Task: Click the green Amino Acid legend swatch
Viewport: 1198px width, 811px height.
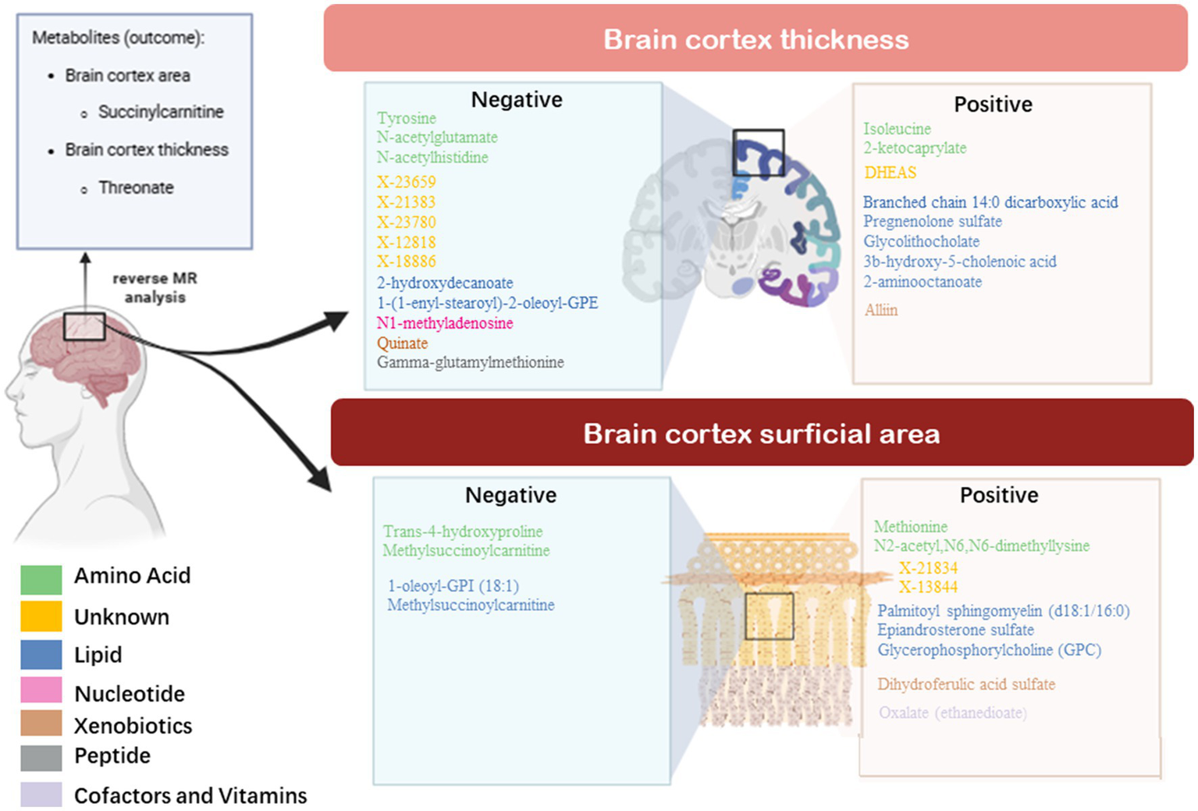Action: [x=41, y=579]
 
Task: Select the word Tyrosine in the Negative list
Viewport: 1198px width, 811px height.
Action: [x=407, y=119]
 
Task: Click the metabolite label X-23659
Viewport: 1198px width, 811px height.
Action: [x=407, y=182]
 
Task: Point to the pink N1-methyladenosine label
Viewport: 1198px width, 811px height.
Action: [x=445, y=323]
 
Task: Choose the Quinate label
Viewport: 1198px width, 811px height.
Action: [x=403, y=343]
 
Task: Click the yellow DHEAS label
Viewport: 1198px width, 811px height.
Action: [x=891, y=173]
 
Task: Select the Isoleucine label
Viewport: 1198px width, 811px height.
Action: [x=897, y=129]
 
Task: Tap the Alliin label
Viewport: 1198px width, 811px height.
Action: [x=881, y=311]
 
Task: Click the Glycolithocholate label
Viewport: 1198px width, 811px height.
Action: [x=921, y=242]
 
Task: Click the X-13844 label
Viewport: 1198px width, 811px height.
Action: [x=928, y=587]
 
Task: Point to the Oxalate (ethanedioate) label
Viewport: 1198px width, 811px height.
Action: [x=953, y=713]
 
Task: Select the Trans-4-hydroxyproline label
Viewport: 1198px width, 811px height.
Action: [x=463, y=532]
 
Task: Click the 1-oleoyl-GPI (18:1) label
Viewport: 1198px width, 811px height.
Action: [x=453, y=585]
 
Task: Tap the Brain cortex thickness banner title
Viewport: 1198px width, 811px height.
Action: [x=756, y=40]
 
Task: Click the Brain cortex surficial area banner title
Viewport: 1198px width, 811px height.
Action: [x=762, y=434]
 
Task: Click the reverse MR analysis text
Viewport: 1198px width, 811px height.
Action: [x=155, y=287]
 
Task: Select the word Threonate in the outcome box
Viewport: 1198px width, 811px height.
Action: [x=136, y=188]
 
